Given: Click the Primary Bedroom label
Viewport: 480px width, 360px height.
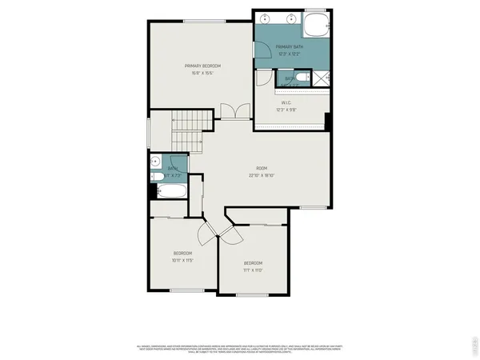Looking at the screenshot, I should click(x=202, y=66).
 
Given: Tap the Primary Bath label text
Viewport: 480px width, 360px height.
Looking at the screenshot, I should click(x=289, y=48).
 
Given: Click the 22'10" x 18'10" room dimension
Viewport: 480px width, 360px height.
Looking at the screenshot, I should click(x=262, y=175).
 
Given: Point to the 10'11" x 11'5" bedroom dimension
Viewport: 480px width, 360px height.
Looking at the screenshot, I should click(x=182, y=260).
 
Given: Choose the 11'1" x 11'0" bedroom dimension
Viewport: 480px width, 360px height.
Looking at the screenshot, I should click(x=253, y=270).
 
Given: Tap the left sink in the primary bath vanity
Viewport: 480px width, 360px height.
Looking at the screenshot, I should click(x=265, y=17).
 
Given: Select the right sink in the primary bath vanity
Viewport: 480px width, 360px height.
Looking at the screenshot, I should click(x=292, y=17).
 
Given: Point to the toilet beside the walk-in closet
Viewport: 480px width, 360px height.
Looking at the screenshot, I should click(x=302, y=78).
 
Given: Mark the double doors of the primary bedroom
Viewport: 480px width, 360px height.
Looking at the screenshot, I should click(x=229, y=112).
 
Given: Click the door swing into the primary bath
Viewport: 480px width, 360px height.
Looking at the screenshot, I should click(x=262, y=50).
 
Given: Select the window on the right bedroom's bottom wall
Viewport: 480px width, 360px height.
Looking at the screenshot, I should click(x=253, y=295).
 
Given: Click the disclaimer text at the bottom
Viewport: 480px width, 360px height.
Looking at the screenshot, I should click(x=240, y=348).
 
